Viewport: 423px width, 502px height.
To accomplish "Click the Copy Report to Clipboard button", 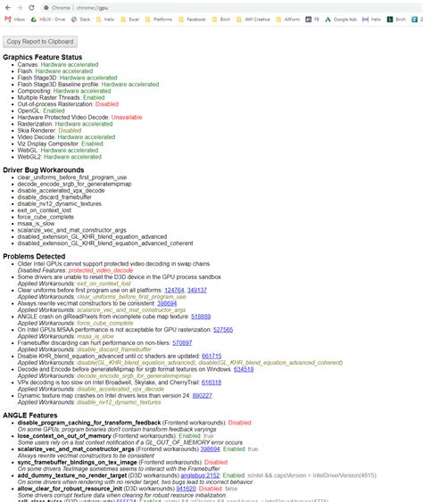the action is tap(40, 41).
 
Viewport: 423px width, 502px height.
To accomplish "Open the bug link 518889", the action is tap(201, 316).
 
